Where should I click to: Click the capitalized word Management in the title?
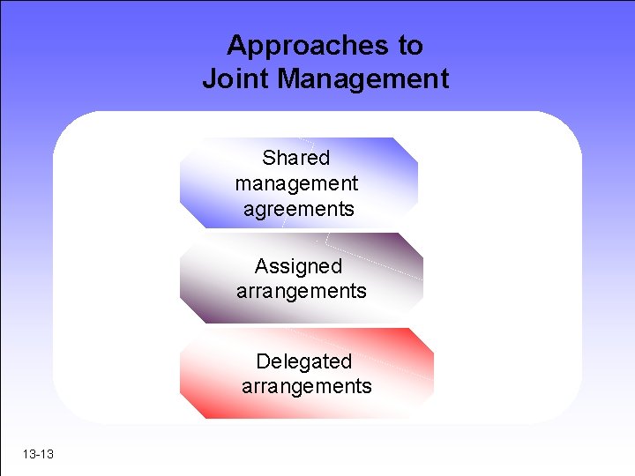[x=363, y=79]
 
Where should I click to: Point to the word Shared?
[x=295, y=159]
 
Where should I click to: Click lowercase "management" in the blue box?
[x=296, y=184]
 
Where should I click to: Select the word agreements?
[x=298, y=210]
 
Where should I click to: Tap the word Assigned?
[x=298, y=266]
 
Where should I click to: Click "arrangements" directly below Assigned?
[x=301, y=291]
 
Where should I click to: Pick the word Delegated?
[x=303, y=361]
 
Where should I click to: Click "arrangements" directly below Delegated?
[x=306, y=386]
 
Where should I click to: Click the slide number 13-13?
[x=39, y=454]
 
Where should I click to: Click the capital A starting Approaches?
[x=235, y=45]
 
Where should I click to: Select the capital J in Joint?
[x=209, y=79]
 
